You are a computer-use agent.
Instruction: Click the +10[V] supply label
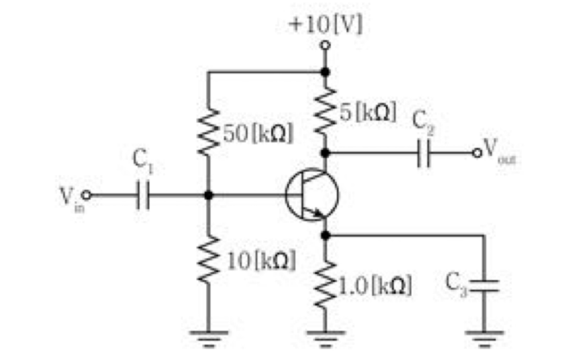[326, 25]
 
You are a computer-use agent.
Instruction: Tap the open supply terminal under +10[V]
[325, 45]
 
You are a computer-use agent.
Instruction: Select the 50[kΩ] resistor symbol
[208, 132]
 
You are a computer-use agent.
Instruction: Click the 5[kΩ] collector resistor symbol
[325, 110]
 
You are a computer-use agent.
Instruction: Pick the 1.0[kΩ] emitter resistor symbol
[325, 285]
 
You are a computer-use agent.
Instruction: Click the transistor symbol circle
[312, 194]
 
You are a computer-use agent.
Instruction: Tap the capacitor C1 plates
[143, 195]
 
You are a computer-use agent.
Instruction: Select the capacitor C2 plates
[424, 152]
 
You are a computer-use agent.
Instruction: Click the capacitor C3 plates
[484, 285]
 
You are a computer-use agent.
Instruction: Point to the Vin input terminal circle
[86, 195]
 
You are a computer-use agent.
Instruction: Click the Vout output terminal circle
[477, 152]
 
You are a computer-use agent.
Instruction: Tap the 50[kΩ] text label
[258, 133]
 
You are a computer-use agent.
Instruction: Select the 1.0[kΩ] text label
[375, 285]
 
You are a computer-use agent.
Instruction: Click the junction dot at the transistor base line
[208, 195]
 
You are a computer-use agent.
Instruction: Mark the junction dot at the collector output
[325, 152]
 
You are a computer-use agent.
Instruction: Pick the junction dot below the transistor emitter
[325, 235]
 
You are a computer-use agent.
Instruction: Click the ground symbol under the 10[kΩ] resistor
[208, 339]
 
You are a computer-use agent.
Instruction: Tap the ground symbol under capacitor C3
[484, 339]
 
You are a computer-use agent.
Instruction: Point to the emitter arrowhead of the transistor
[318, 213]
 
